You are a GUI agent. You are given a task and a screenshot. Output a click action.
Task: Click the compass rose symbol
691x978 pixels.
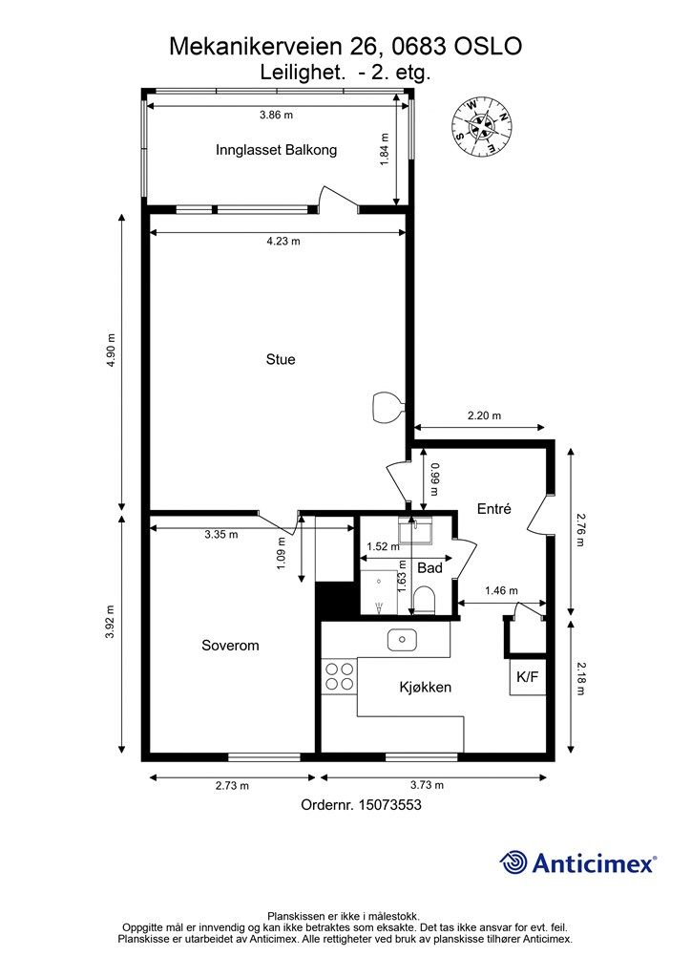481,127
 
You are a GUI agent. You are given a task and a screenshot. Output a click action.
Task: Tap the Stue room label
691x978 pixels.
281,359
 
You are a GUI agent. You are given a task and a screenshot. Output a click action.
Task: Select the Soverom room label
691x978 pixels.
230,646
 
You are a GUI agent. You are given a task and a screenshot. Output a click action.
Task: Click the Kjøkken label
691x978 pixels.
425,688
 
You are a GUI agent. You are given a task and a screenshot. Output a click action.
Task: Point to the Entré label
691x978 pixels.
494,509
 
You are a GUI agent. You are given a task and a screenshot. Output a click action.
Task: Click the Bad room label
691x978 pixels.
429,567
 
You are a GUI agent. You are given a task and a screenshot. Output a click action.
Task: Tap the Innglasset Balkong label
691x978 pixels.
276,150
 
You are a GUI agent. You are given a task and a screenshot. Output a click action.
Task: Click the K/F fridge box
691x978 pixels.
528,677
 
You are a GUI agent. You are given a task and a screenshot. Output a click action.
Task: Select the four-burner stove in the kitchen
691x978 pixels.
340,676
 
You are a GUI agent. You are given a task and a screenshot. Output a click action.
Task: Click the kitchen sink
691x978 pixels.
403,640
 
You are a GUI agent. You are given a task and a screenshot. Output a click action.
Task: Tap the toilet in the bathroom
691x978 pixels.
425,600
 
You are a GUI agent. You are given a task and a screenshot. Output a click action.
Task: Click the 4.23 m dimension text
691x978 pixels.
283,241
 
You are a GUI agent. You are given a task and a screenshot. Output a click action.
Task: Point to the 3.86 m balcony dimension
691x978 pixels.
276,115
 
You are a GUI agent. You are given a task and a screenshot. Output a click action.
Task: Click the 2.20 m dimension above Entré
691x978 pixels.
484,415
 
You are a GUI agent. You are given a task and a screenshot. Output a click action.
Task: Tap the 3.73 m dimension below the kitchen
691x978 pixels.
427,785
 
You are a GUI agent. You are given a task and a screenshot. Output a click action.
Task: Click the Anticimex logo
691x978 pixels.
577,862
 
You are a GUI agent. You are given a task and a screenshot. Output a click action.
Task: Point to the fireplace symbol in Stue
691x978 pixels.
387,407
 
